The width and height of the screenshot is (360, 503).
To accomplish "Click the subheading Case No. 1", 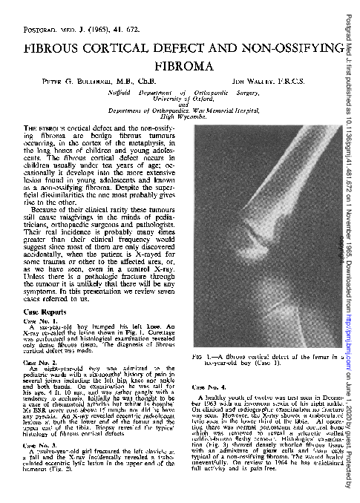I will tap(42, 301).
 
